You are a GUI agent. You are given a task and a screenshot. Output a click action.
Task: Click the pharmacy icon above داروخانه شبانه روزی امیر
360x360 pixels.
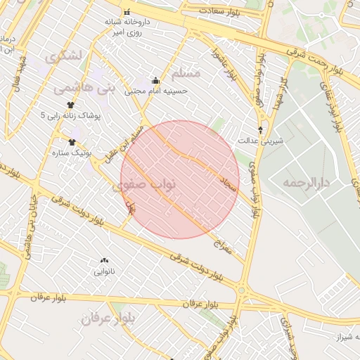[127, 13]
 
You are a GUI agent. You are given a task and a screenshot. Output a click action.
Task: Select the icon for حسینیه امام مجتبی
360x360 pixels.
[155, 80]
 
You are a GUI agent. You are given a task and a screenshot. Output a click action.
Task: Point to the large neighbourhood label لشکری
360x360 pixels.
[64, 56]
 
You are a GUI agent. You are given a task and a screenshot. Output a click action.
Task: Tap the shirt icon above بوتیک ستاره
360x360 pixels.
[72, 142]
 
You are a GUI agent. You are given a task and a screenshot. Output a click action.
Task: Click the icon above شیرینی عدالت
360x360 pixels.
[261, 130]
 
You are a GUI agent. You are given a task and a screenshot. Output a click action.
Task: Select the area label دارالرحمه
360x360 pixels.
[307, 183]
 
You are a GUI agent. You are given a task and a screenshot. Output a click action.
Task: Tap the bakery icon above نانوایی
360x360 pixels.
[105, 260]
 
